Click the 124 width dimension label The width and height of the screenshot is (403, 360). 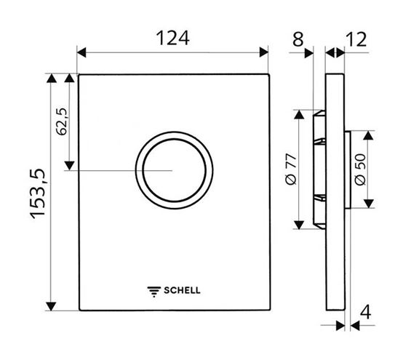172,38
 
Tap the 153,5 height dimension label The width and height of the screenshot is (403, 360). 38,193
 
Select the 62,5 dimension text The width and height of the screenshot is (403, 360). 62,121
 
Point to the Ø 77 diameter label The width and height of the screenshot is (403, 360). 291,169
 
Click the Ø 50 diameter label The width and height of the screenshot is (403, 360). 360,169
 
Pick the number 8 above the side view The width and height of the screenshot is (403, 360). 298,39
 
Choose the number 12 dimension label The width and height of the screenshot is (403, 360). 356,39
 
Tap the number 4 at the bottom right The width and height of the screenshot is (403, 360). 365,312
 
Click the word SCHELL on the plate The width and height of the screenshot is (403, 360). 182,290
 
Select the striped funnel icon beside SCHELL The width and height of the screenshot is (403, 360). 154,292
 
